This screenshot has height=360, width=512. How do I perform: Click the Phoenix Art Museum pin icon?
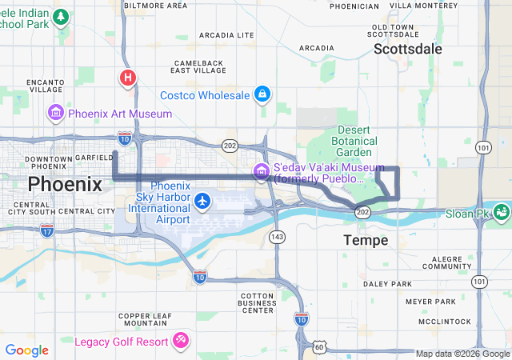click(x=55, y=114)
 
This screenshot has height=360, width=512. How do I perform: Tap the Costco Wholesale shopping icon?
click(x=261, y=95)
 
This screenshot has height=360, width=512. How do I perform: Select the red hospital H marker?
click(x=127, y=78)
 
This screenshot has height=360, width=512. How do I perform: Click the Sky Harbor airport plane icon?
click(x=203, y=199)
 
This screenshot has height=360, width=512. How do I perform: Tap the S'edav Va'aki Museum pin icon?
click(x=261, y=170)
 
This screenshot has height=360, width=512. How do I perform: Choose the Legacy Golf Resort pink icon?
click(x=181, y=342)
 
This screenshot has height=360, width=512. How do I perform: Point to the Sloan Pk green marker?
click(x=502, y=213)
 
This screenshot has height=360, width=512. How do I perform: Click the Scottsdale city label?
click(x=407, y=49)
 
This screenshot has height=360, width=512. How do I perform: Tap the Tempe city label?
click(x=366, y=240)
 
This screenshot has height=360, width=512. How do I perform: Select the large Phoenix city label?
click(x=65, y=185)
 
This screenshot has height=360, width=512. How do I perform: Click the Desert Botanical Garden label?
click(x=354, y=141)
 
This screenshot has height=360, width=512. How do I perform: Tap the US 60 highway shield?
click(x=319, y=346)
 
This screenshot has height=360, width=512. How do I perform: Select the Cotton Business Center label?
click(x=258, y=303)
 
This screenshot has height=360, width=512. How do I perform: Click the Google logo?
click(x=26, y=350)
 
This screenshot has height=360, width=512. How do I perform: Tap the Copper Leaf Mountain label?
click(x=145, y=319)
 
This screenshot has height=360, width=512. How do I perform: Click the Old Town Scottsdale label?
click(x=392, y=30)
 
